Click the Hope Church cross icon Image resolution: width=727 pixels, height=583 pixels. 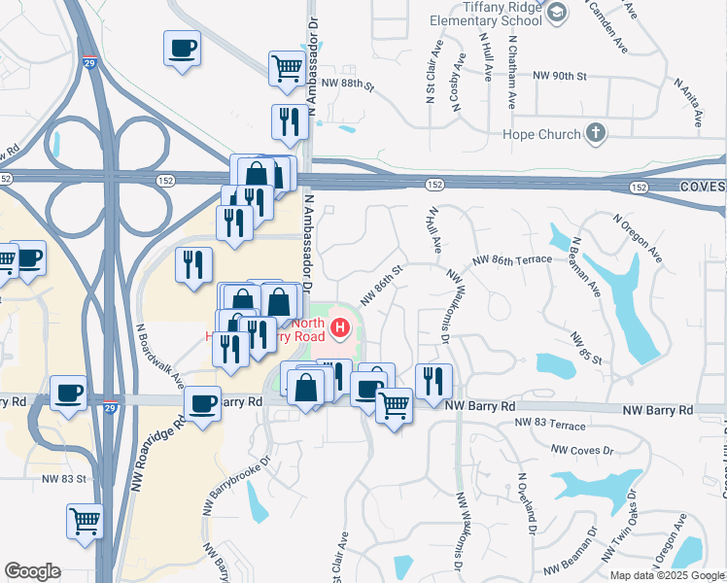596,133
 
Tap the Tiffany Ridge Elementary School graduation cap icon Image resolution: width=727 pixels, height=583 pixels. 556,11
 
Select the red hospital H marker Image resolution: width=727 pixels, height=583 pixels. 339,328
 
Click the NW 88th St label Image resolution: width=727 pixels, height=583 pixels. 347,85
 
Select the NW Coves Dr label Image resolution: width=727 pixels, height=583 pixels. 582,450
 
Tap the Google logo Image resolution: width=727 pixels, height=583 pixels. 32,571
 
